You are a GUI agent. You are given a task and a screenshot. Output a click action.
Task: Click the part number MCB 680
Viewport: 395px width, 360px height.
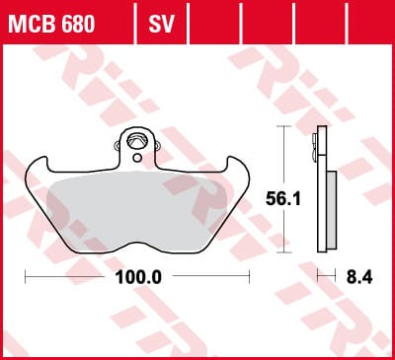(51, 24)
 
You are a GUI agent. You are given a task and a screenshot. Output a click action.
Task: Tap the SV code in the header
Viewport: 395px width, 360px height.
(161, 24)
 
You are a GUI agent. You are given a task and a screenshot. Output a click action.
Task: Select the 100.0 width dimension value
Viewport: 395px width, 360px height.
(138, 277)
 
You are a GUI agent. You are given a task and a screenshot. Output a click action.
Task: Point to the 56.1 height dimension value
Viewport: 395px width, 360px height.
(283, 199)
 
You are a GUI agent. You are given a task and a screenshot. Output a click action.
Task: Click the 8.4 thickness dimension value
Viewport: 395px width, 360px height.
(359, 277)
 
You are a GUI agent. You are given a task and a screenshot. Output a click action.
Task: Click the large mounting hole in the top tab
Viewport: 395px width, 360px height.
(137, 141)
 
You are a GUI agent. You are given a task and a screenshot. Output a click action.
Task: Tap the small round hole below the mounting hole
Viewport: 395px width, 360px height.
(137, 158)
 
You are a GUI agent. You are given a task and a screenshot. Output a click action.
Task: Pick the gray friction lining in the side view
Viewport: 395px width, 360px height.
(332, 210)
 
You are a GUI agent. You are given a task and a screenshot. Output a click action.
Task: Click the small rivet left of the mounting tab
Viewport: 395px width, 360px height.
(117, 145)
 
